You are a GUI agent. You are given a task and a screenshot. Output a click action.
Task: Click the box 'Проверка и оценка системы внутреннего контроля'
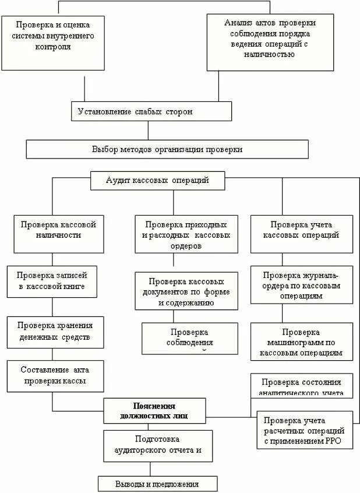pyautogui.click(x=52, y=42)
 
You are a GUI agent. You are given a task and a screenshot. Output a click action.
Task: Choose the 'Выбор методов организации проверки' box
pyautogui.click(x=167, y=149)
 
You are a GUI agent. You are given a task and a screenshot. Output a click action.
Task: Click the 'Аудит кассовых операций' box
pyautogui.click(x=157, y=181)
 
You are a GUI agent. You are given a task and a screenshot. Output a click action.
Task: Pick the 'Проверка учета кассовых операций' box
pyautogui.click(x=301, y=233)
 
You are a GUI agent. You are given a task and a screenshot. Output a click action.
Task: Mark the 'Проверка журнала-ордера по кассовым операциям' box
pyautogui.click(x=301, y=284)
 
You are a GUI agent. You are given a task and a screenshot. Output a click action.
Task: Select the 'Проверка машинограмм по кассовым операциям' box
pyautogui.click(x=301, y=341)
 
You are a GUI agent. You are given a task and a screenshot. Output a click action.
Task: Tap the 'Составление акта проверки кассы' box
pyautogui.click(x=55, y=375)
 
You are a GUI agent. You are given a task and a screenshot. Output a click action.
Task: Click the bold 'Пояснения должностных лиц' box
pyautogui.click(x=154, y=410)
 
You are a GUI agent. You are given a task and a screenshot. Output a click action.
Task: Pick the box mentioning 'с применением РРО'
pyautogui.click(x=305, y=430)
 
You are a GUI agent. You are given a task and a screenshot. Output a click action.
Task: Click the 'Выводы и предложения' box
pyautogui.click(x=157, y=484)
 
